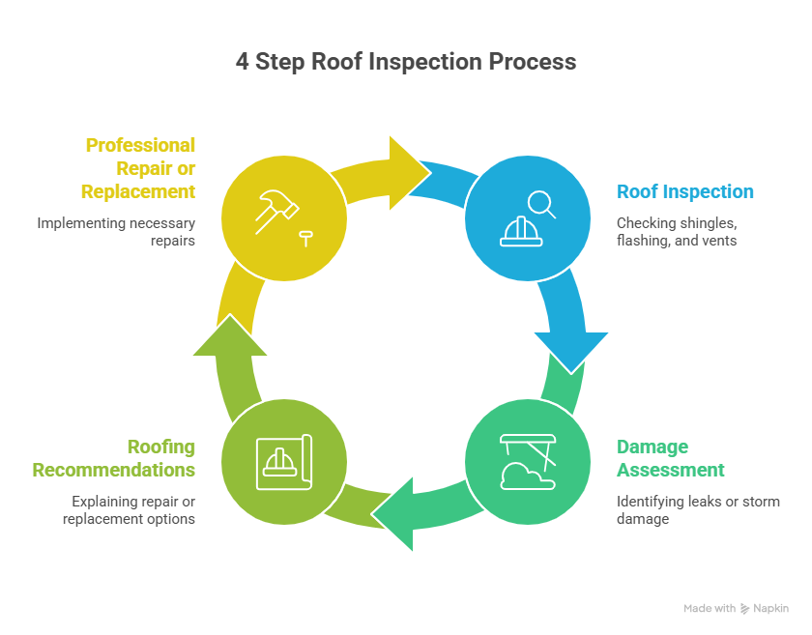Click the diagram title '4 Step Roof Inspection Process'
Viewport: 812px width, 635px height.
coord(406,62)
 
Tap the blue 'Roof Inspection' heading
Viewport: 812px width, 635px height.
coord(685,191)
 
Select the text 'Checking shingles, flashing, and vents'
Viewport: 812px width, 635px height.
coord(677,232)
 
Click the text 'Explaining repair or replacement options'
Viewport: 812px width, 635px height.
coord(130,510)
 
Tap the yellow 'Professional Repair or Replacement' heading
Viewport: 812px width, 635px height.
coord(140,168)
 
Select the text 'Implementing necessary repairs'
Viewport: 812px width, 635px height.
coord(116,232)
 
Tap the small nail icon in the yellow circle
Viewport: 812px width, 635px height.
coord(307,236)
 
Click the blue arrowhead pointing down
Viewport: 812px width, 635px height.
coord(571,350)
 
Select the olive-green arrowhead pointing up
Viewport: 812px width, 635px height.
coord(230,337)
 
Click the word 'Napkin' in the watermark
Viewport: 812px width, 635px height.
coord(772,609)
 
